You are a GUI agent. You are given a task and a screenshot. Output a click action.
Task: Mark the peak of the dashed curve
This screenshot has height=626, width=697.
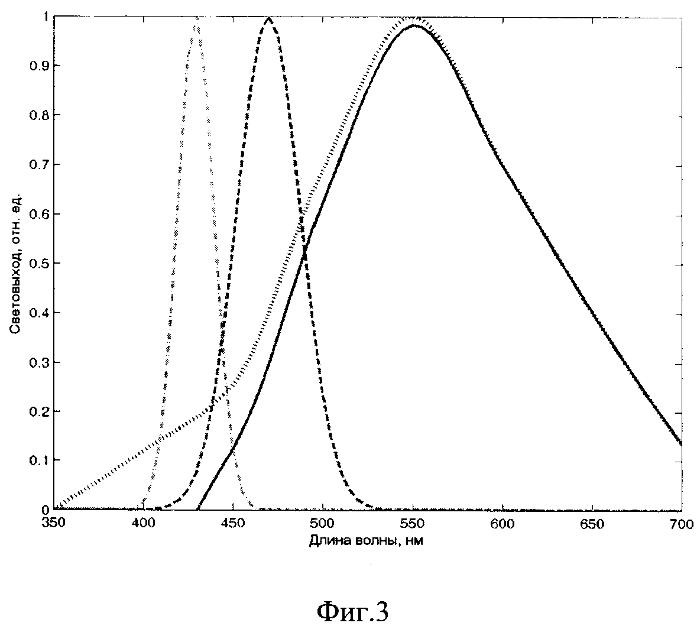[268, 17]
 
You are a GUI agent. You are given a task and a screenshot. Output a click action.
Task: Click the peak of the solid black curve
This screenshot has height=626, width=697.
[414, 25]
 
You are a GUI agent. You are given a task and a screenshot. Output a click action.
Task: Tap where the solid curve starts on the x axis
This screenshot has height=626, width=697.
[197, 509]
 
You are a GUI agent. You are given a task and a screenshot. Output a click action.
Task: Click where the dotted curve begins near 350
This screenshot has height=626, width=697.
[57, 507]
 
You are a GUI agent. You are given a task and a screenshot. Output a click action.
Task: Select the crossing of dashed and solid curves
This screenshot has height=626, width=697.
[305, 253]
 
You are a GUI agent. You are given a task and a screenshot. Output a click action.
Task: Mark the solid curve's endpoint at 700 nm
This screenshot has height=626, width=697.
[682, 444]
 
